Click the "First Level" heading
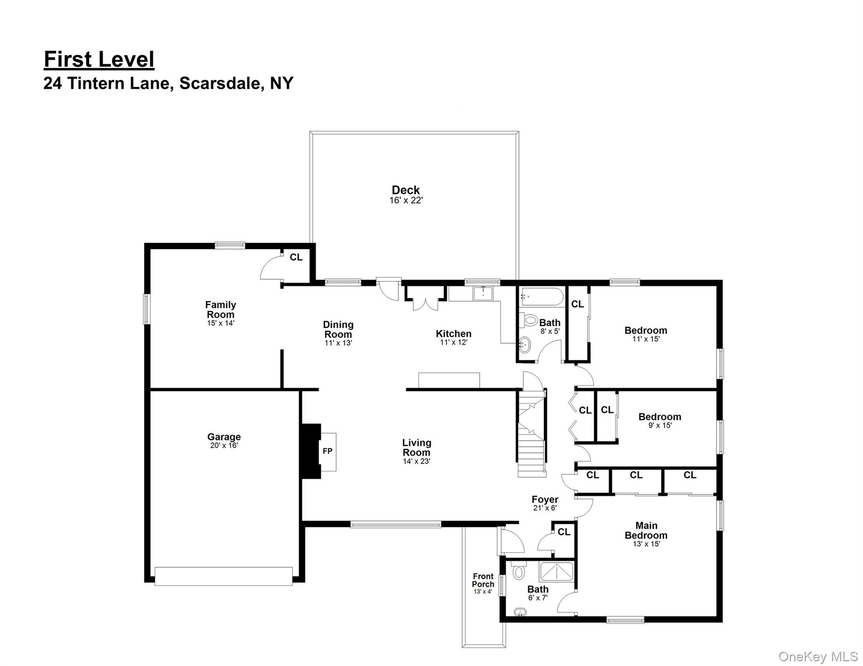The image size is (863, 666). (99, 59)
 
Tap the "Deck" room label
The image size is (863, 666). (405, 190)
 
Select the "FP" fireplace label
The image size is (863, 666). (327, 451)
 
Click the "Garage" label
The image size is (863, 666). (224, 437)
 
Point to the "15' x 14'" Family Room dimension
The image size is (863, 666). (221, 323)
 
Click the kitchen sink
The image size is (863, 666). (483, 293)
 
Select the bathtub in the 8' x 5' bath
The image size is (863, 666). (542, 297)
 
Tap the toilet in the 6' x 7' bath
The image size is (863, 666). (518, 571)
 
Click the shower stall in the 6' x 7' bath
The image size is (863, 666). (556, 571)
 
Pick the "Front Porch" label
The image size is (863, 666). (483, 580)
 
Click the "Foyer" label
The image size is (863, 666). (545, 499)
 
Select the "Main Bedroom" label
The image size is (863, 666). (646, 530)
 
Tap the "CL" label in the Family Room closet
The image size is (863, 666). (296, 257)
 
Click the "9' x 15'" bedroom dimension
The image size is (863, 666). (660, 425)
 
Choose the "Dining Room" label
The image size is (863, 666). (338, 330)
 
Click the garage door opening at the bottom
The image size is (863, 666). (224, 576)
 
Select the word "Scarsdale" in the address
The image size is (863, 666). (220, 83)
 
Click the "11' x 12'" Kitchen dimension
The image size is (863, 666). (454, 342)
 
